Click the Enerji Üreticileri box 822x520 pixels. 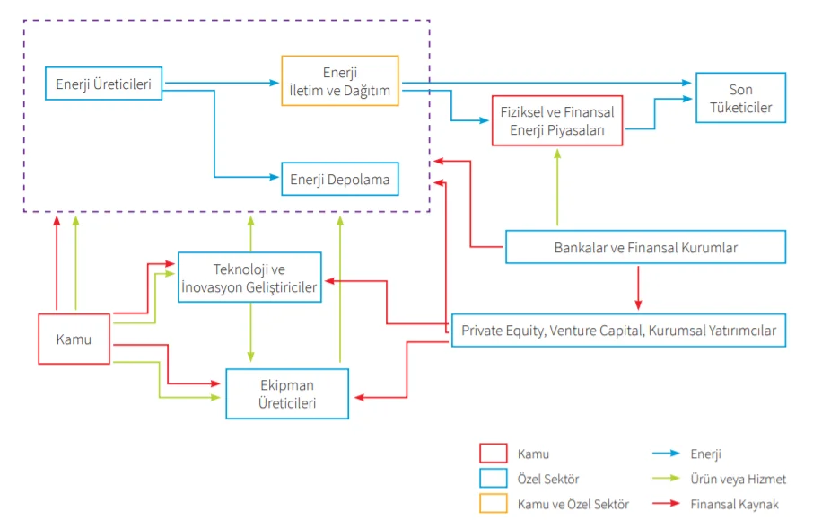103,85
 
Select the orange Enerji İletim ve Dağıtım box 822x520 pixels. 340,81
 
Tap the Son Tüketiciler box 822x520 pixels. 740,98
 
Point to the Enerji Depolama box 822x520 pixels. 339,180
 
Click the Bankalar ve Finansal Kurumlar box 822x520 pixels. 645,247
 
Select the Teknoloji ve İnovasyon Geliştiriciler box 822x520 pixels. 249,278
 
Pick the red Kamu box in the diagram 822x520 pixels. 74,339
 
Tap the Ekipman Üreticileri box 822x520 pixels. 287,393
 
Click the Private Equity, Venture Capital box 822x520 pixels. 618,330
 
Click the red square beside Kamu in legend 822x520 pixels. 494,454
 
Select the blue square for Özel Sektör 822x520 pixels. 494,480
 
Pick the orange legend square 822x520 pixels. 494,505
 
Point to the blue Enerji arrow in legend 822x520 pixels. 664,454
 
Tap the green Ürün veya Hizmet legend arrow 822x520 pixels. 664,480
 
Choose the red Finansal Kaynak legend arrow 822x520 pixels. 664,505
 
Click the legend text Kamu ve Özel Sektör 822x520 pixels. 573,505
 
